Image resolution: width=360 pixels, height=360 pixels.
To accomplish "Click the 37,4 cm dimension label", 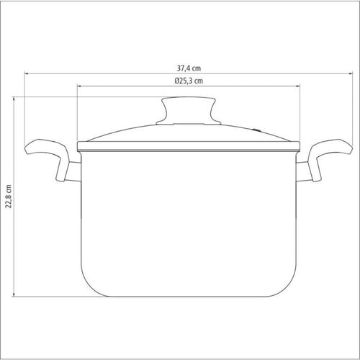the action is pos(189,68).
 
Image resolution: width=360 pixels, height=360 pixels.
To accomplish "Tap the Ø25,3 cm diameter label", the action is pos(189,81).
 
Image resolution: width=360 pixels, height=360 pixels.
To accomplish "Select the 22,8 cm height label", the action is pos(9,197).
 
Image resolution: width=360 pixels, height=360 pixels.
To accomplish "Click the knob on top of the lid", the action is pos(189,110).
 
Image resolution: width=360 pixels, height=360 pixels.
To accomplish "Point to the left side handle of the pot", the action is pos(48,156).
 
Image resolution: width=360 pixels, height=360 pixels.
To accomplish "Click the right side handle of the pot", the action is pos(329,156).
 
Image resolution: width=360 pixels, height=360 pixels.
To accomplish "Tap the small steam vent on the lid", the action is pos(257,130).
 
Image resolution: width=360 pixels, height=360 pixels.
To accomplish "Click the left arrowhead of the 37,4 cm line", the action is pos(27,73).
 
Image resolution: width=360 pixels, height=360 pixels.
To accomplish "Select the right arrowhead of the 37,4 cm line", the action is pos(351,73).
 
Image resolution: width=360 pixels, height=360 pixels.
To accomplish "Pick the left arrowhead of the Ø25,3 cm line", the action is pos(79,86).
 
